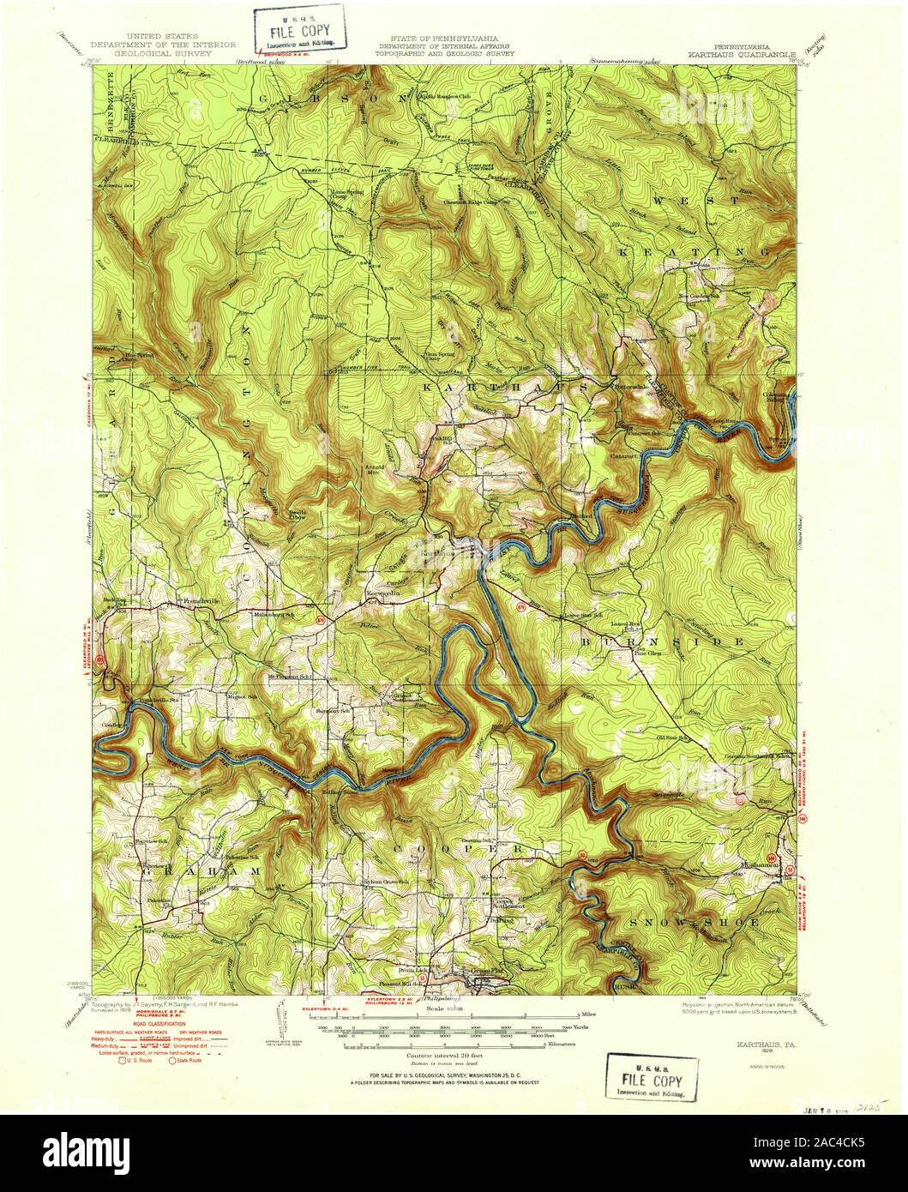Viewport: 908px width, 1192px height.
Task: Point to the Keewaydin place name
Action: (384, 592)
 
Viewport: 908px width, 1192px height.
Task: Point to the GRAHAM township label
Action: (197, 870)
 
